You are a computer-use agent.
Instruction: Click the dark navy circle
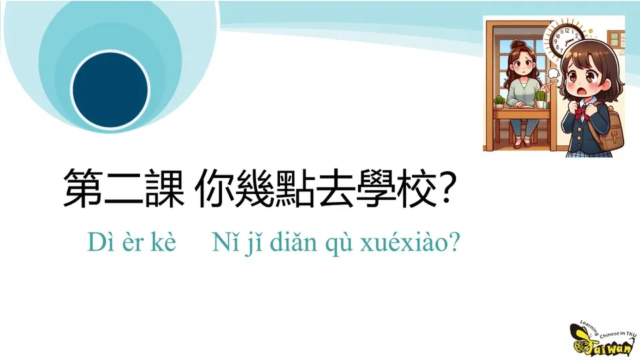[110, 90]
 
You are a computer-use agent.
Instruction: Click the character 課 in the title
[164, 188]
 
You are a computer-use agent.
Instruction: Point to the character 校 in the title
[415, 188]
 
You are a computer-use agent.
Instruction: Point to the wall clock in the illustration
[566, 37]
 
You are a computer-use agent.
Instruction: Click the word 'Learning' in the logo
[589, 327]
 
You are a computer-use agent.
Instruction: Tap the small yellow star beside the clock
[590, 31]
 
